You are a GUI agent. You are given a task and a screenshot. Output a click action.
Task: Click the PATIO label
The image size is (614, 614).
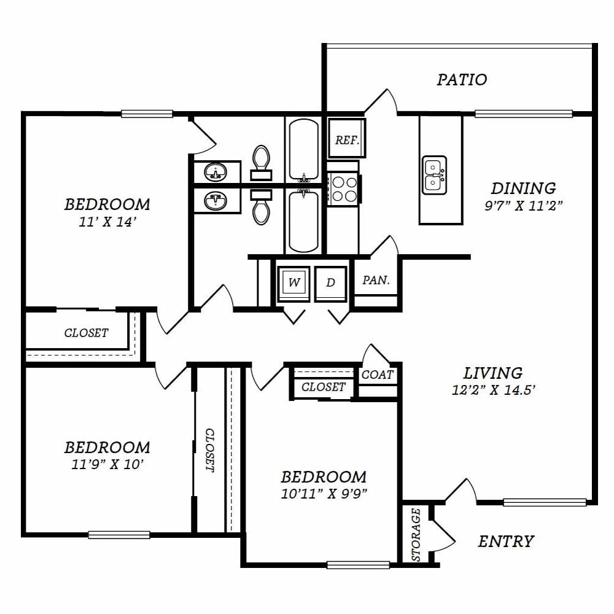coord(462,79)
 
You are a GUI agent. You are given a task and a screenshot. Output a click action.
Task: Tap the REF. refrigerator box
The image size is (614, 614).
coord(347,138)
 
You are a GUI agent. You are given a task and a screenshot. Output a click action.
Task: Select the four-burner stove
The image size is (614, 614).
coord(343,188)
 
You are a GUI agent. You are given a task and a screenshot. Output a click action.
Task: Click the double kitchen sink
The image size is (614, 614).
coord(434,175)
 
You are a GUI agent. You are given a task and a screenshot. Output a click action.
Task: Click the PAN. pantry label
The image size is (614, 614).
coord(376,280)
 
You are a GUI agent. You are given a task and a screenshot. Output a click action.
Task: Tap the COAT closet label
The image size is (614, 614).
coord(377,375)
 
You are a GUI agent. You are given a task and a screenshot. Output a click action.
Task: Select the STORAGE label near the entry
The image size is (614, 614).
coord(416,535)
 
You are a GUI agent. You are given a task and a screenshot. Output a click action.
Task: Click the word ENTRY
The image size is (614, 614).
coord(505,542)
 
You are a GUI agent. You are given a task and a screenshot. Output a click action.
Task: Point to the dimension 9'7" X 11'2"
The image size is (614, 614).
coord(524,206)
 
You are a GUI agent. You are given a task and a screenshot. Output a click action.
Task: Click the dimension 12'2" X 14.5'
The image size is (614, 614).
coord(494,390)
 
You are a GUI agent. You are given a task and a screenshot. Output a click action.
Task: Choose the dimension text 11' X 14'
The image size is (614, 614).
coord(107,222)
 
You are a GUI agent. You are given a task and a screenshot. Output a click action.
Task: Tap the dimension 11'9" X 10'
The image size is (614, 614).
coord(107,464)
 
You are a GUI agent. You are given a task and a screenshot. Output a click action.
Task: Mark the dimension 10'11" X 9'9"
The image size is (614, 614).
coord(324,494)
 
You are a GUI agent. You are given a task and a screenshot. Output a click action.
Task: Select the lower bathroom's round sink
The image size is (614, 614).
coord(215,201)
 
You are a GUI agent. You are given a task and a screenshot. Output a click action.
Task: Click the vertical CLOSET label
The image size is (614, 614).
coord(210,450)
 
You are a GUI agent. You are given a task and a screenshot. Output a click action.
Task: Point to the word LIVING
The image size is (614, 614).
coord(493,373)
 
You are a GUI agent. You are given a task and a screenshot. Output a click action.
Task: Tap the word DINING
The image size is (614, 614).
coord(524,188)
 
